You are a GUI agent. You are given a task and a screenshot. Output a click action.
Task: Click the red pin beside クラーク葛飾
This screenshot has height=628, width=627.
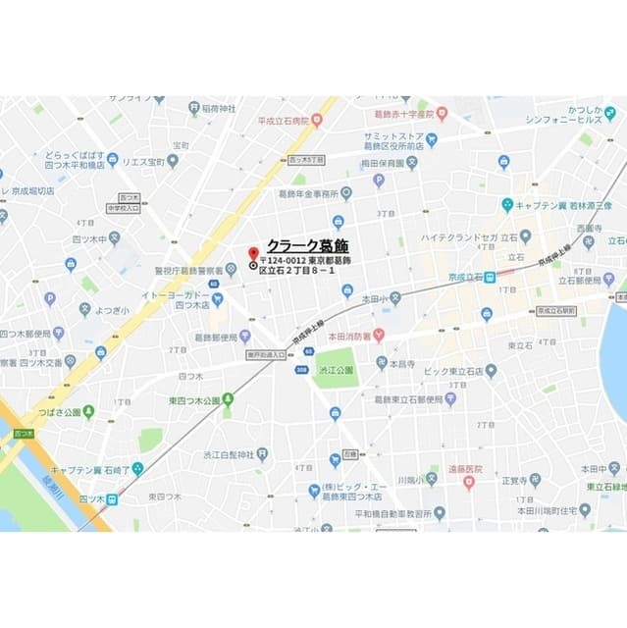pyautogui.click(x=253, y=252)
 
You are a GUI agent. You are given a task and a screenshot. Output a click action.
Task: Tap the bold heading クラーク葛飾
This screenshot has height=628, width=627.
pyautogui.click(x=308, y=246)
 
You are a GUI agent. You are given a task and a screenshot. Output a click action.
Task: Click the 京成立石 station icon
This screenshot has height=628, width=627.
pyautogui.click(x=490, y=278)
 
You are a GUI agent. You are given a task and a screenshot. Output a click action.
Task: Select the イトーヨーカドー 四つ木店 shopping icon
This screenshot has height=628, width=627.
pyautogui.click(x=215, y=297)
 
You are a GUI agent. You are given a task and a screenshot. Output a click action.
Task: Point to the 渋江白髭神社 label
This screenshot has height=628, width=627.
pyautogui.click(x=228, y=455)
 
